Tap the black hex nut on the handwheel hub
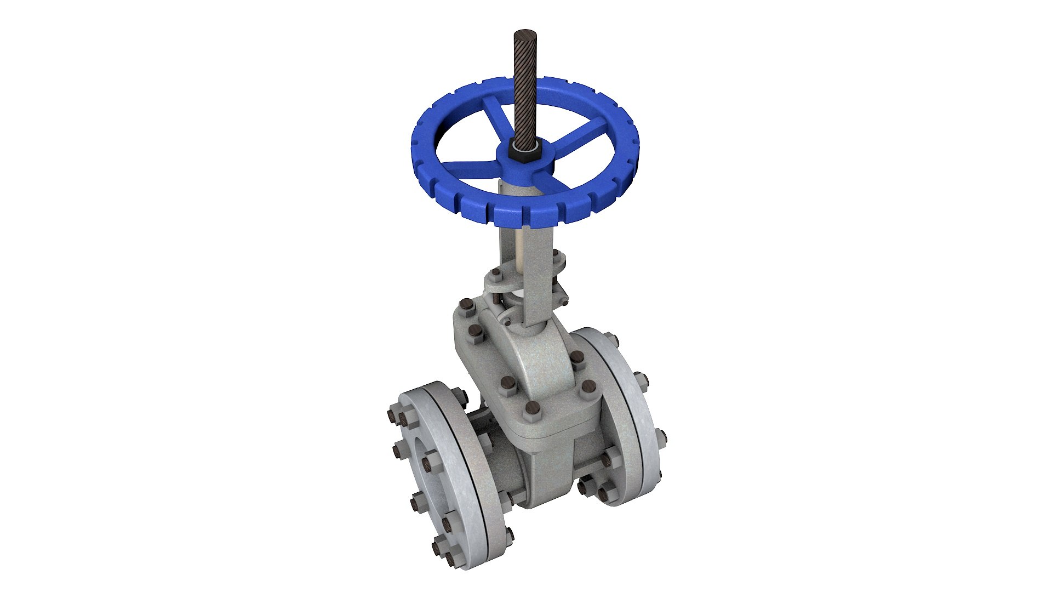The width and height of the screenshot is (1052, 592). click(524, 151)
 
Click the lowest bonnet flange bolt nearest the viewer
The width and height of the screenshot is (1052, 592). click(531, 408)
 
